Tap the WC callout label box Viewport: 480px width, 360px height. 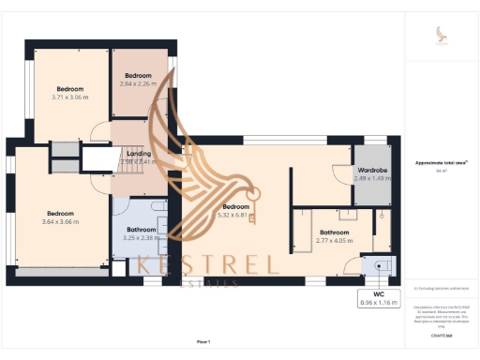tap(378, 299)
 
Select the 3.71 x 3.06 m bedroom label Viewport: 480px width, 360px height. tap(71, 93)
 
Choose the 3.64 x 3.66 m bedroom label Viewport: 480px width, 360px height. tap(61, 217)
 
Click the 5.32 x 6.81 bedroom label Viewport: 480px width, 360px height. tap(235, 210)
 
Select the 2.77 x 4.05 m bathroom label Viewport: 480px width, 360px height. tap(334, 236)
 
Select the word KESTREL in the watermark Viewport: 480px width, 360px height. tap(207, 264)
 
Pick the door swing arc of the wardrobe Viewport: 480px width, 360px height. tap(338, 172)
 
